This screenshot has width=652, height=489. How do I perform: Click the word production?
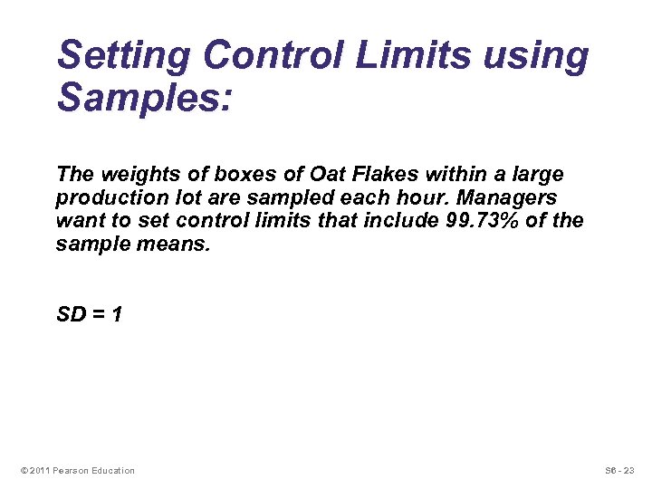point(105,198)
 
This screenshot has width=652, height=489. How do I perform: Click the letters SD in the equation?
point(71,315)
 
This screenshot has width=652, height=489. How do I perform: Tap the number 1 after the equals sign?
point(119,315)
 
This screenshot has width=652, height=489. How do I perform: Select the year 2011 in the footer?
point(37,471)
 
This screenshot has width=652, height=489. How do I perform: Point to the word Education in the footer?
point(110,471)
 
